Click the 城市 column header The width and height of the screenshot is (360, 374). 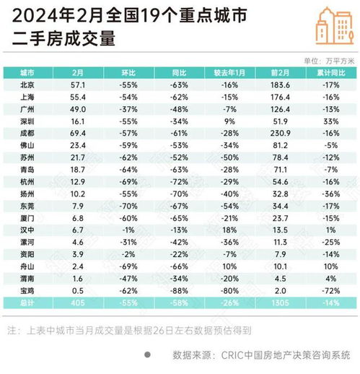[28, 74]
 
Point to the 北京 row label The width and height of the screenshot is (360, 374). [28, 85]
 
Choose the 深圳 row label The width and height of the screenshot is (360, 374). [28, 122]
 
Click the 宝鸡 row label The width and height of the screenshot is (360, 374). [28, 290]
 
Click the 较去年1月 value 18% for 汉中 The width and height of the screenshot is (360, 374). [229, 229]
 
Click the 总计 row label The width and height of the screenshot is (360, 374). [28, 303]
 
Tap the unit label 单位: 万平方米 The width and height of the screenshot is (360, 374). [328, 60]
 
